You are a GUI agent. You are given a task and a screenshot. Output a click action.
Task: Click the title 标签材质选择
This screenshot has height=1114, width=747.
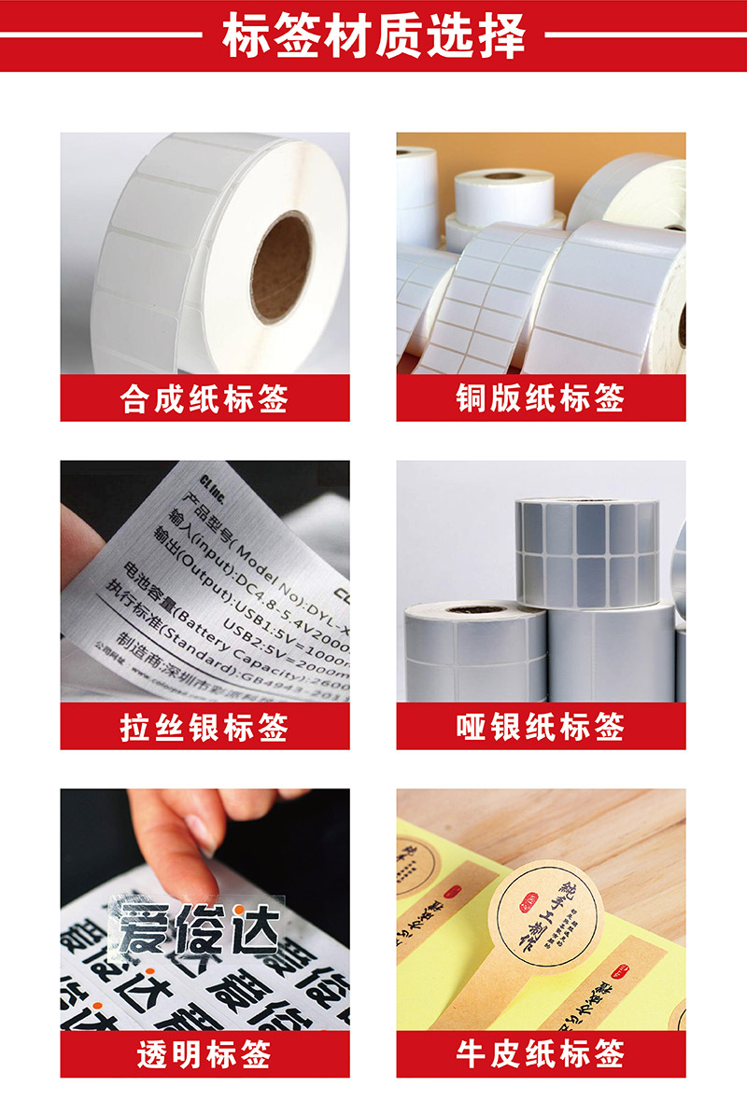tap(373, 36)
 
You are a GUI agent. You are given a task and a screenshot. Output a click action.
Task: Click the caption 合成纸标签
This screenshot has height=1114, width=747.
tap(204, 398)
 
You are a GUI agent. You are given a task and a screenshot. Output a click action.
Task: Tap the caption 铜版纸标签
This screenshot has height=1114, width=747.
tap(541, 398)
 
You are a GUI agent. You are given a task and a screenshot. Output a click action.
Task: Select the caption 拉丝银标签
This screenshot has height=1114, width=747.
tap(204, 727)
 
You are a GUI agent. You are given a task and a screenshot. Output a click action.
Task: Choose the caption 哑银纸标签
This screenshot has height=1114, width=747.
tap(541, 727)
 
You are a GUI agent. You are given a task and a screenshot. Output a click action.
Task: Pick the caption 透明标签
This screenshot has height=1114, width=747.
tap(204, 1054)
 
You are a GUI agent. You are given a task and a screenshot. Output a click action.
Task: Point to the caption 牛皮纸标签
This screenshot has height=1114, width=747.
tap(541, 1054)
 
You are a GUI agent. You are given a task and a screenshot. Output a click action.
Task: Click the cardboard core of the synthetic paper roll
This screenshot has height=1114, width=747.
tap(281, 267)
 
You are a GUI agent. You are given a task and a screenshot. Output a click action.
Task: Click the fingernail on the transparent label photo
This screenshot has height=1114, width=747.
tap(202, 832)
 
